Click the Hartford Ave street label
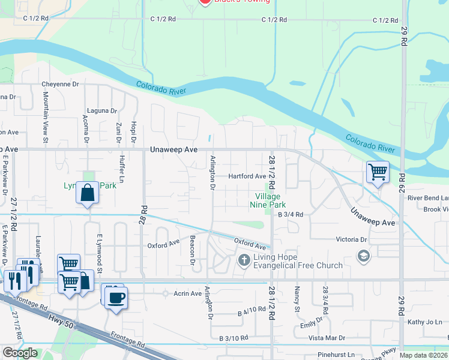tap(247, 176)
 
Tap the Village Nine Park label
tap(268, 200)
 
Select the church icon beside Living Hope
tap(244, 260)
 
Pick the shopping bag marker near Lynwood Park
tap(88, 193)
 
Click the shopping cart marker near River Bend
tap(378, 172)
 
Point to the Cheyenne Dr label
tap(60, 85)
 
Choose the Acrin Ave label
tap(188, 293)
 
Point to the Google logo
tap(20, 353)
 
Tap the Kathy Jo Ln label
tap(424, 322)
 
